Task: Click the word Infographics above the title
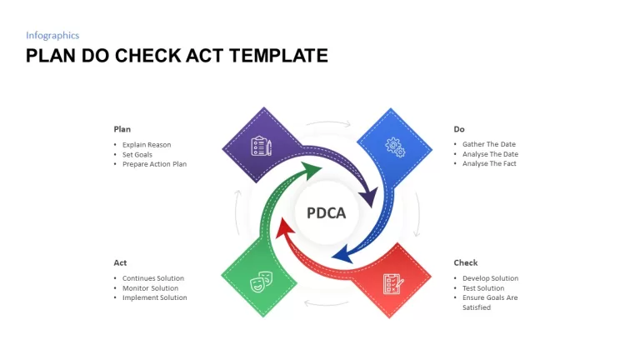click(x=52, y=36)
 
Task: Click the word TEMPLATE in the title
click(x=278, y=56)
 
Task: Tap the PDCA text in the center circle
click(x=326, y=212)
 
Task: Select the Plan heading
click(x=122, y=129)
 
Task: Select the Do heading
click(x=459, y=129)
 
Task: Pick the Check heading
click(x=466, y=262)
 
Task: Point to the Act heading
click(x=120, y=262)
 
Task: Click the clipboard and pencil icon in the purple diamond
click(x=261, y=146)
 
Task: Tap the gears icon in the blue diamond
click(x=395, y=147)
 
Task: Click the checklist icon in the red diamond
click(x=393, y=283)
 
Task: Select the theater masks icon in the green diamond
click(x=261, y=282)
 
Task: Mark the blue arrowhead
click(x=342, y=255)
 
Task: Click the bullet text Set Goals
click(x=137, y=155)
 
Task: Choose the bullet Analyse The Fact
click(x=489, y=163)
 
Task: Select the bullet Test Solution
click(x=483, y=288)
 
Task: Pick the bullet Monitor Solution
click(x=150, y=288)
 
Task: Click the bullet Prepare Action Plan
click(x=154, y=164)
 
